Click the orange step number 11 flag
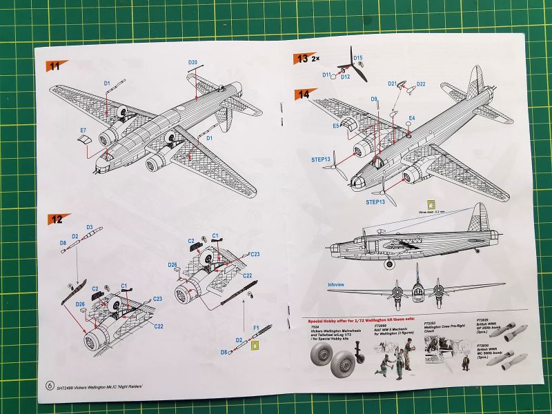tap(55, 66)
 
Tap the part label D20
tap(193, 63)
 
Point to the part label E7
tap(83, 130)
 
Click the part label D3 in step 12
tap(89, 227)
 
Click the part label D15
tap(357, 58)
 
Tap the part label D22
tap(421, 84)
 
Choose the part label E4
tap(411, 119)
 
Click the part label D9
tap(373, 99)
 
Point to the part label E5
tap(336, 126)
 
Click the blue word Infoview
tap(336, 284)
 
